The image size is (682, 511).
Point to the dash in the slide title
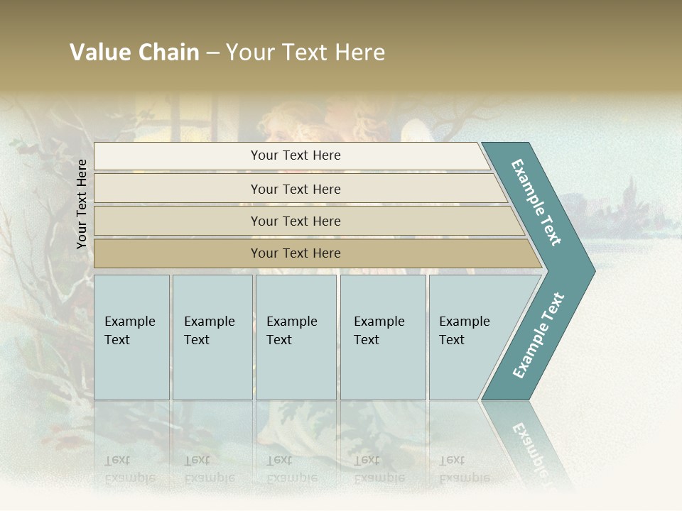tap(212, 53)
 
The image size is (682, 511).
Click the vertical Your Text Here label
tap(82, 204)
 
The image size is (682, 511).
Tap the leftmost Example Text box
tap(131, 337)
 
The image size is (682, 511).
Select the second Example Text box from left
tap(212, 337)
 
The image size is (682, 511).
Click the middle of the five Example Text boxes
tap(296, 337)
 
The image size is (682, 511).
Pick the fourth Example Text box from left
tap(382, 337)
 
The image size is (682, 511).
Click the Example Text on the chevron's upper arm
tap(536, 202)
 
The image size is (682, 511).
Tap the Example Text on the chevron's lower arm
tap(538, 335)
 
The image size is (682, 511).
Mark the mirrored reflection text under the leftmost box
tap(130, 468)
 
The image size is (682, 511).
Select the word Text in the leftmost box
tap(117, 340)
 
